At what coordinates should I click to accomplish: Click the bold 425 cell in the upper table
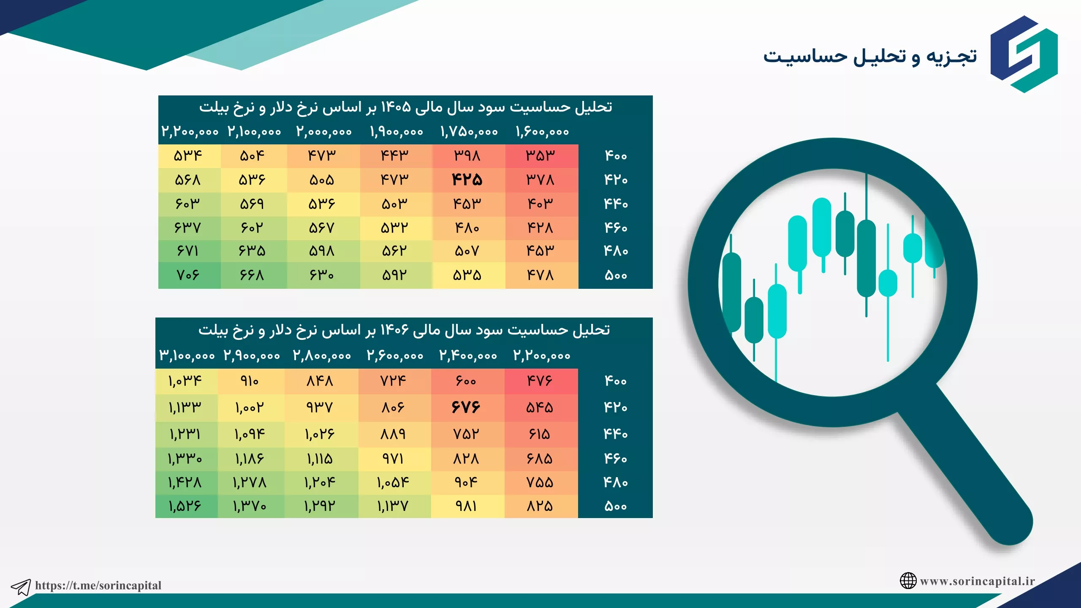coord(467,180)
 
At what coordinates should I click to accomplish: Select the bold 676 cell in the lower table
coord(466,407)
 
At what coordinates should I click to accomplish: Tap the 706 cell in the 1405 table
coord(188,275)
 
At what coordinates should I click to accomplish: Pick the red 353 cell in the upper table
coord(540,156)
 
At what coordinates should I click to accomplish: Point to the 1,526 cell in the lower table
coord(185,506)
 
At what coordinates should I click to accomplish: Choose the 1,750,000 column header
coord(469,132)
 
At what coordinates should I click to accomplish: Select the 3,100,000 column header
coord(187,356)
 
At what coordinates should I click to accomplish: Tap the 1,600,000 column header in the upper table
coord(543,132)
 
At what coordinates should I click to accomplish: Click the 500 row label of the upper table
coord(616,275)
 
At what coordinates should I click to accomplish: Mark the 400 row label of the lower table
coord(616,381)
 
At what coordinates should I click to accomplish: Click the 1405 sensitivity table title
coord(406,108)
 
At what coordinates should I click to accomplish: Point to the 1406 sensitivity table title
coord(404,330)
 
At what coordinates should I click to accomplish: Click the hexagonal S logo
coord(1024,54)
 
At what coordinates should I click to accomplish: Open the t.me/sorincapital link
coord(98,585)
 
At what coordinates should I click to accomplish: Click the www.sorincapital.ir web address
coord(978,581)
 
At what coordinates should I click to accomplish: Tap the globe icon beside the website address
coord(908,581)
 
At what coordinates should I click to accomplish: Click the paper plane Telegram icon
coord(21,587)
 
